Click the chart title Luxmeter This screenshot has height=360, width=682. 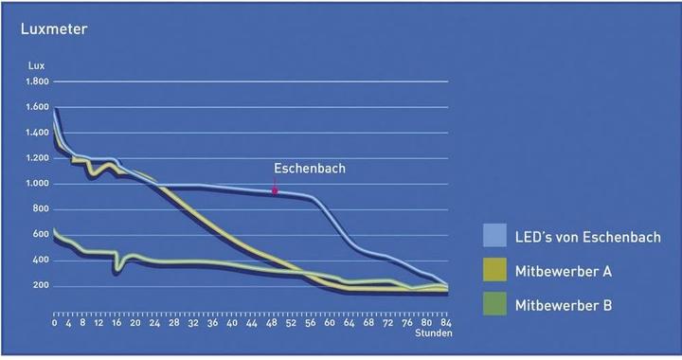pos(54,28)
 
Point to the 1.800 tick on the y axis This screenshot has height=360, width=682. pos(37,81)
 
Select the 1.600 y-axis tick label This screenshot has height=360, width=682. pos(37,107)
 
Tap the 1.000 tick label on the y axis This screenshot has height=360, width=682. pos(37,184)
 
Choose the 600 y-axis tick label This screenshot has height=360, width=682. pos(41,235)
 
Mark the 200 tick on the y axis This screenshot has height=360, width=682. pos(41,286)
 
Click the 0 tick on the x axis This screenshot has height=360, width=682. pos(55,322)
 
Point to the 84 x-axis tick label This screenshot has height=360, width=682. pos(446,322)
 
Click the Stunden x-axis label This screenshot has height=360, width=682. pos(434,333)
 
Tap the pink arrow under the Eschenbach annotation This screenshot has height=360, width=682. pos(275,190)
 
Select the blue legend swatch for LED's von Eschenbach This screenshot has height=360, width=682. pos(495,236)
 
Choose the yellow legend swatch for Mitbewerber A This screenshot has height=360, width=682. pos(495,271)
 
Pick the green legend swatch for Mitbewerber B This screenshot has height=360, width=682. pos(495,305)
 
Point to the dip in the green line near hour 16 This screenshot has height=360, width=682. pos(116,269)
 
